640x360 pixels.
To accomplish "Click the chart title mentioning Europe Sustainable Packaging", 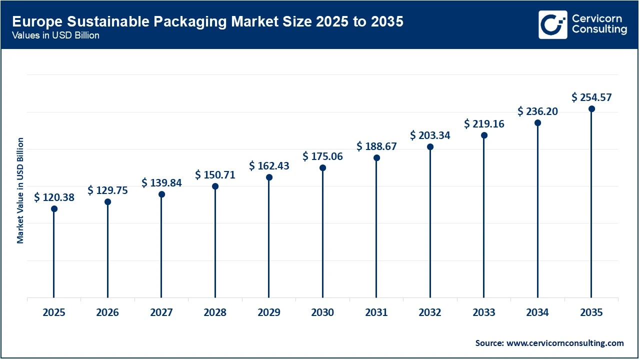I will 207,22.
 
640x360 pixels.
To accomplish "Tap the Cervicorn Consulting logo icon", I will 552,24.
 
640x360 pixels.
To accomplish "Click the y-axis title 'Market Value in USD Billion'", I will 20,190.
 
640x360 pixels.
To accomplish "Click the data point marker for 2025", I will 54,208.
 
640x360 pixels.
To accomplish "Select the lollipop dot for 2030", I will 322,168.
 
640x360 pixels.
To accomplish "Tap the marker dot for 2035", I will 591,109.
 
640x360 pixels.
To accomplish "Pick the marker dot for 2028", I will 215,186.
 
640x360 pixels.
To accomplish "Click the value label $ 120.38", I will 54,197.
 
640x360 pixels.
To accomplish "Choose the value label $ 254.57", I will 591,97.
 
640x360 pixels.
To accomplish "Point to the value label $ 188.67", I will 376,146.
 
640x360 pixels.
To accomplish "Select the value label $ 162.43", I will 269,165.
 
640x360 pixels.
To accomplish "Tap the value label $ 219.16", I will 484,123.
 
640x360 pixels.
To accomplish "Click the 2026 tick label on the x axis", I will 107,313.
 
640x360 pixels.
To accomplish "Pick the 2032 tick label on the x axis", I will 430,313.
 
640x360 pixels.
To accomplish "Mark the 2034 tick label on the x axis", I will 537,313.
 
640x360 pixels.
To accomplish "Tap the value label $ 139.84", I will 161,183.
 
